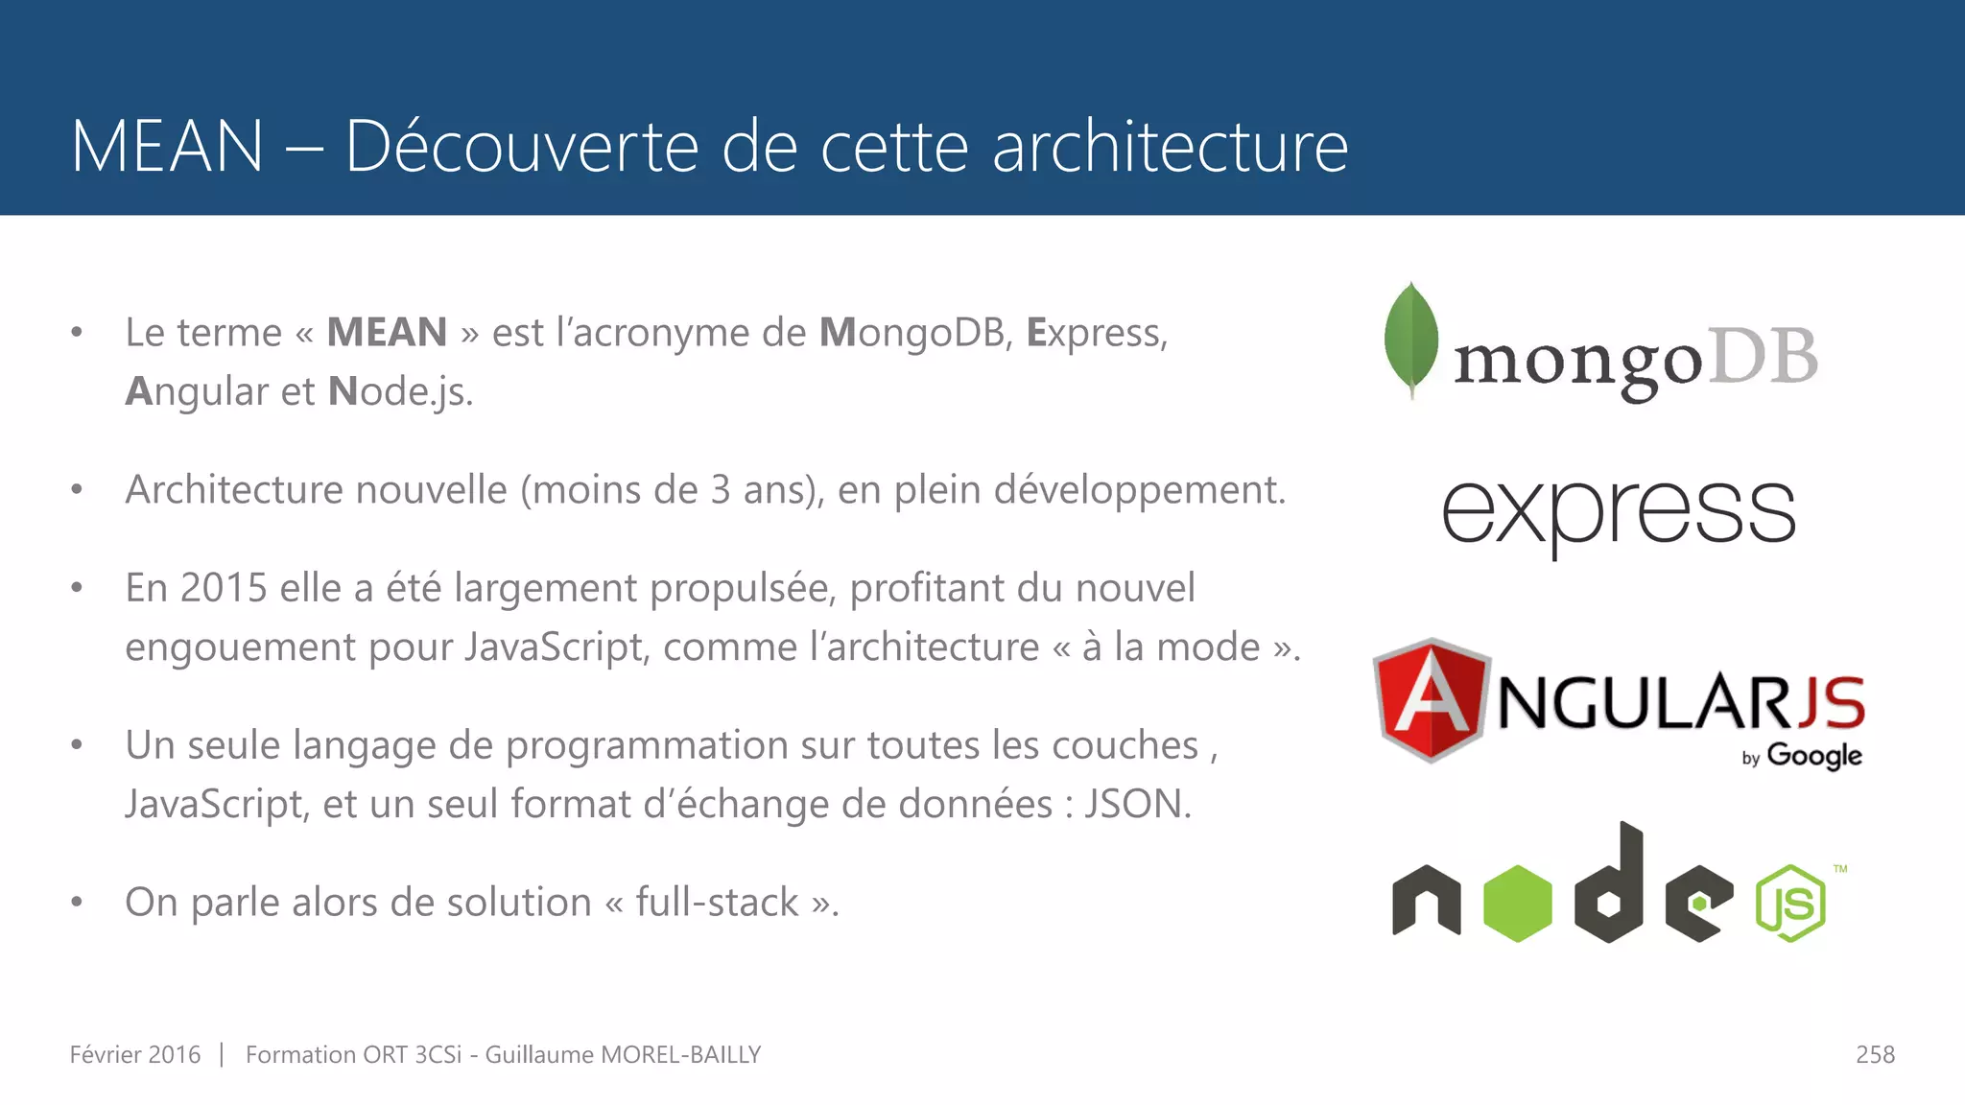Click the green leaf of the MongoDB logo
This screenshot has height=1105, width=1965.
click(1410, 338)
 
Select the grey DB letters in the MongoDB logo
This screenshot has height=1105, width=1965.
click(1764, 357)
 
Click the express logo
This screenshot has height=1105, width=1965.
click(1618, 513)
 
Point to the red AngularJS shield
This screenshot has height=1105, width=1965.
click(1431, 699)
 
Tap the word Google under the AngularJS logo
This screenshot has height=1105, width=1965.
click(1813, 756)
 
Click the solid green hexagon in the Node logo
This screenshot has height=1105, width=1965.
click(1517, 903)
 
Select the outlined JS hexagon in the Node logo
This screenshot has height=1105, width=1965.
click(1790, 903)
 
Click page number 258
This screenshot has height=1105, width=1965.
click(1875, 1054)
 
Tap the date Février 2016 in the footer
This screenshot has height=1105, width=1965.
click(135, 1054)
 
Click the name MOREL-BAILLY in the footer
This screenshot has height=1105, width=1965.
click(680, 1054)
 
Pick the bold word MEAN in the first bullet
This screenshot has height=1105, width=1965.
click(387, 333)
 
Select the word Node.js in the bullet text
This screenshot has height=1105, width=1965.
click(400, 391)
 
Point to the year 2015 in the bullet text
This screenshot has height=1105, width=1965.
click(223, 587)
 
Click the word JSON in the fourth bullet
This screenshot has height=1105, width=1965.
click(1137, 804)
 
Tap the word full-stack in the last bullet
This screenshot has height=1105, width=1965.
click(717, 902)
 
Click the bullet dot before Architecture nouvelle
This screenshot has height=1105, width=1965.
click(77, 490)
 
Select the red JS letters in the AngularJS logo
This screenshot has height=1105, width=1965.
click(1831, 702)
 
